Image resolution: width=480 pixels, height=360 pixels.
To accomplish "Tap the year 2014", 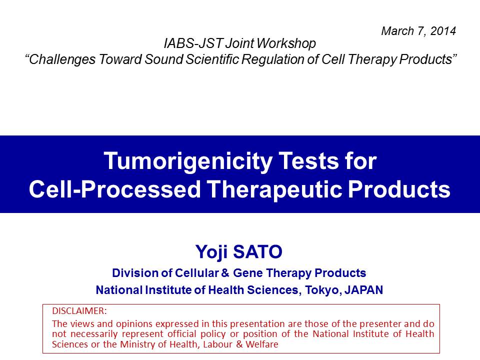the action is [443, 31].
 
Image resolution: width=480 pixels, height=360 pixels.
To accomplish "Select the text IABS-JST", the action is [193, 43].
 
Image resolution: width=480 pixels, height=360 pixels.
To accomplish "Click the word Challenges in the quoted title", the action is [60, 59].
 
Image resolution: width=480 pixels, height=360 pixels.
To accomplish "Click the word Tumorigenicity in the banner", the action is [188, 161].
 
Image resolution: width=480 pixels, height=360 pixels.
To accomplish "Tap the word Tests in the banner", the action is [308, 161].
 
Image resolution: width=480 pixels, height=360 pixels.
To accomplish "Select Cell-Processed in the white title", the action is [115, 188].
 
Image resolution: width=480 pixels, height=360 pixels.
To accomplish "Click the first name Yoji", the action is [211, 252].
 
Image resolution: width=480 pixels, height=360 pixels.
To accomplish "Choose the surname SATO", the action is [258, 251].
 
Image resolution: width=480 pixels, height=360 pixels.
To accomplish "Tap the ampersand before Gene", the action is [225, 273].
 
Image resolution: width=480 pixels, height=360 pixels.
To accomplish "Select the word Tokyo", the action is [323, 290].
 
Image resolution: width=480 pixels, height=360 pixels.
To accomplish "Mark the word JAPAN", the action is [363, 290].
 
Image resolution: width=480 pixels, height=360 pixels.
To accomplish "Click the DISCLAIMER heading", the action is [79, 311].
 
